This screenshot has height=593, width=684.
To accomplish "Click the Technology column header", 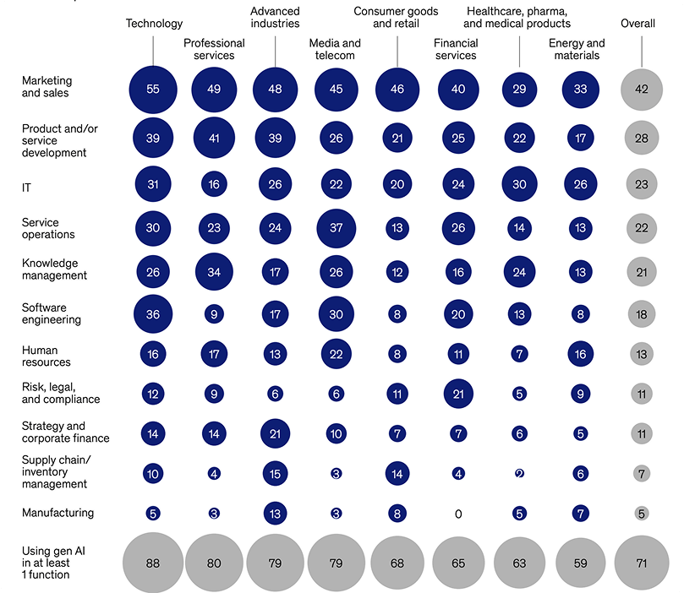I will click(153, 24).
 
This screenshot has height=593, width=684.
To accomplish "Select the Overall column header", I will click(637, 24).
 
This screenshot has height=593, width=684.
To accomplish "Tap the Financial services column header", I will click(455, 49).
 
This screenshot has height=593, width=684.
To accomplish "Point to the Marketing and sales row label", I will click(47, 88).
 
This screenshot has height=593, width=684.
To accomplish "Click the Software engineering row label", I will click(52, 313).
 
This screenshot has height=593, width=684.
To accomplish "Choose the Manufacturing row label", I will click(57, 513).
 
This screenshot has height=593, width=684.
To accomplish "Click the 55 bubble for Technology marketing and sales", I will click(153, 88).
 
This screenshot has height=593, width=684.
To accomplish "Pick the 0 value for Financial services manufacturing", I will click(457, 514).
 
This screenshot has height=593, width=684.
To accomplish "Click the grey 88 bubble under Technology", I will click(153, 562).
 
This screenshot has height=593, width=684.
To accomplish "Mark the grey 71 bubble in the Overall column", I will click(642, 562).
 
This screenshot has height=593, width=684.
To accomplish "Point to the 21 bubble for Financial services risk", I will click(457, 394).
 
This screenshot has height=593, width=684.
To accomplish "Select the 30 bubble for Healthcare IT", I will click(519, 184).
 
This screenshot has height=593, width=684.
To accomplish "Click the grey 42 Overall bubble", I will click(642, 88).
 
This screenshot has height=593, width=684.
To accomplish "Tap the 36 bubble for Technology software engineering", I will click(153, 313).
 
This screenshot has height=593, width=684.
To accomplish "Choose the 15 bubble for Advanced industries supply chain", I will click(275, 474).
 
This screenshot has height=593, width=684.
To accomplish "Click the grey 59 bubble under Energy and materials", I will click(579, 562).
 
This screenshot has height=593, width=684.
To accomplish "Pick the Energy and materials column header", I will click(577, 49).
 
